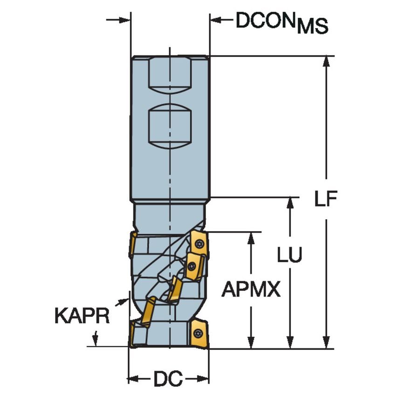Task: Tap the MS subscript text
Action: (x=313, y=27)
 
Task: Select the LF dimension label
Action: (x=326, y=199)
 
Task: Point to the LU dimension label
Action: (x=289, y=254)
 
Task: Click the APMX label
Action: (x=251, y=289)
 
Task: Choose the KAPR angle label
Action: (x=82, y=316)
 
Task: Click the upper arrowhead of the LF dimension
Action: (x=326, y=62)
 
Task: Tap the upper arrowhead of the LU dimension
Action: (x=290, y=203)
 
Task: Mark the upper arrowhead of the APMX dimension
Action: (x=251, y=238)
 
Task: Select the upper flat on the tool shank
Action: (x=170, y=75)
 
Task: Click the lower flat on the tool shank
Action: (x=170, y=125)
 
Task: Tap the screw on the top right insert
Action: (x=199, y=244)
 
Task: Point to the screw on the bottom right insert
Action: (x=198, y=333)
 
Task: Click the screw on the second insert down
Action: (x=192, y=266)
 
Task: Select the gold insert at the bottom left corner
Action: (x=132, y=333)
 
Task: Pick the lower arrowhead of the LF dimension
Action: (x=326, y=343)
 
